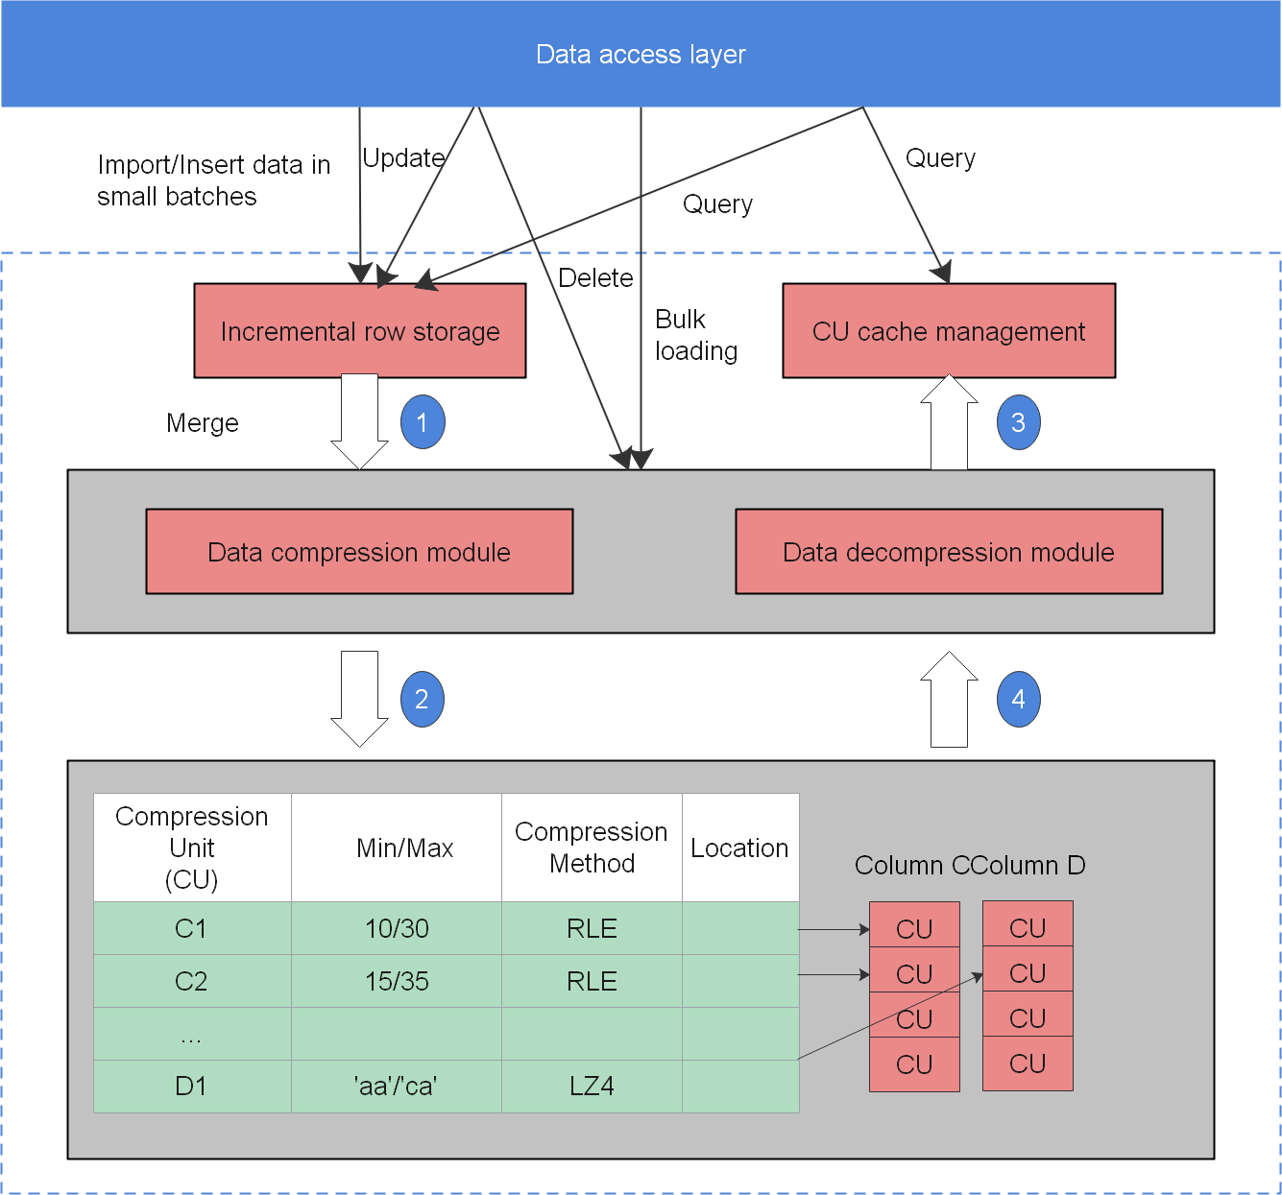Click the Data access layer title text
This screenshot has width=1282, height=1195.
(x=641, y=55)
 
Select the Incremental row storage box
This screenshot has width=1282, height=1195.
(x=360, y=331)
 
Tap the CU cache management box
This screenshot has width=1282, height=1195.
(x=949, y=331)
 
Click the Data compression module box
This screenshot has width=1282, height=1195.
(x=359, y=552)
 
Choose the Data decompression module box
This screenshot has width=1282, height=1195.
(x=949, y=552)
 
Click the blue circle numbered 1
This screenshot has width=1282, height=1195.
(x=423, y=422)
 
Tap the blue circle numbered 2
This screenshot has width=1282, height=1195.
(x=422, y=700)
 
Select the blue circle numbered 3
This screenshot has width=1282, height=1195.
(x=1018, y=422)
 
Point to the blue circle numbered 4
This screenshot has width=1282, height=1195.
(x=1018, y=700)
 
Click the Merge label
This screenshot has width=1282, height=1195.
(x=203, y=423)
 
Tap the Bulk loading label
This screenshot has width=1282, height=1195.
(x=696, y=335)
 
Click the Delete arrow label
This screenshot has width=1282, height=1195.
(x=595, y=278)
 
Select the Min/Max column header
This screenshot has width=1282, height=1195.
(x=404, y=848)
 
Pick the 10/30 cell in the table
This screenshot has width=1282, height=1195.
(x=397, y=928)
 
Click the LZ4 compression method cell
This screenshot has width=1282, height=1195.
(x=592, y=1087)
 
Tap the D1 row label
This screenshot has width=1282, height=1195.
(x=191, y=1087)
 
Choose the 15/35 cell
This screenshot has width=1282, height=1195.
(x=397, y=981)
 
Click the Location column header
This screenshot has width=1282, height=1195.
(x=739, y=848)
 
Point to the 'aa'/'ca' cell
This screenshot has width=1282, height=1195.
(x=396, y=1087)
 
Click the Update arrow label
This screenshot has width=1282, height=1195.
(x=403, y=158)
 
